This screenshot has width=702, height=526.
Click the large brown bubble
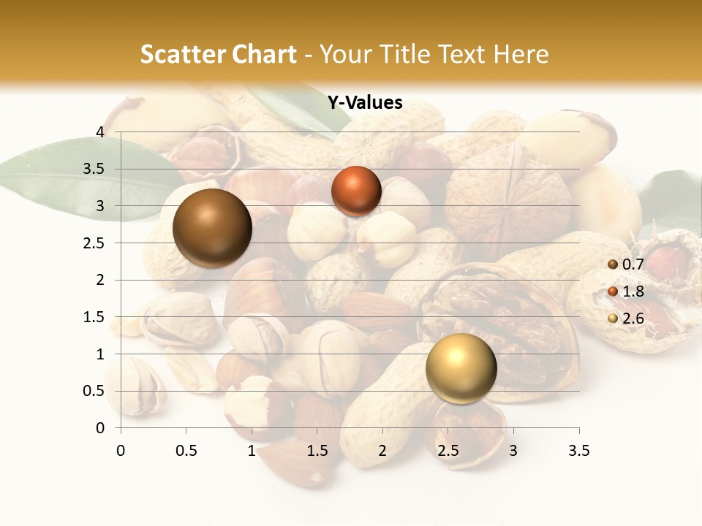coord(212,228)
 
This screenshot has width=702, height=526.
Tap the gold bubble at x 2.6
coord(461,368)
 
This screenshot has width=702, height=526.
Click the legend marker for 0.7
coord(613,264)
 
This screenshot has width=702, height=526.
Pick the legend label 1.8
coord(633,291)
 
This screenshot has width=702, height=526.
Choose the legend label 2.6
coord(633,319)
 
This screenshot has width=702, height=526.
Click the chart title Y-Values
coord(365,103)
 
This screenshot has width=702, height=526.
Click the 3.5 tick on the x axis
coord(579,451)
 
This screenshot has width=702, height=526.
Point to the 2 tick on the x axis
coord(382,451)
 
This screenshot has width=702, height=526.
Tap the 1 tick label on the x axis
coord(252,451)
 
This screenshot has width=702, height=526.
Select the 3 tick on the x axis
coord(513,451)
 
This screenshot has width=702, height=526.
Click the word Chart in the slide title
coord(265,54)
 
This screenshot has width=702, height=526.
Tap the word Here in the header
coord(520,54)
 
